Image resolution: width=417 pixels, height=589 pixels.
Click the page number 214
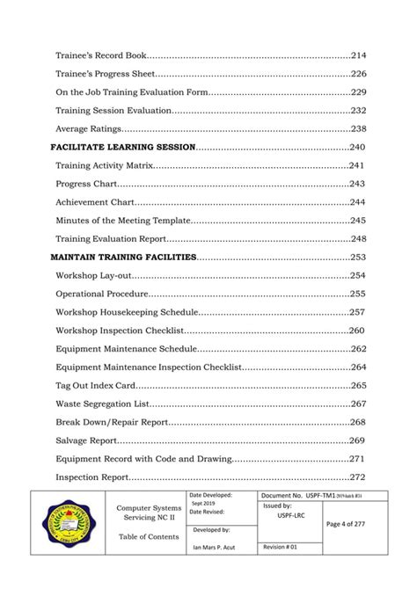pos(358,55)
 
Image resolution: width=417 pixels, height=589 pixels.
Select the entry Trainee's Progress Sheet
pos(106,74)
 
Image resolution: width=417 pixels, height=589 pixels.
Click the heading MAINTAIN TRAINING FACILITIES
pos(125,257)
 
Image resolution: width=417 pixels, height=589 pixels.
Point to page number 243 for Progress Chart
pos(358,184)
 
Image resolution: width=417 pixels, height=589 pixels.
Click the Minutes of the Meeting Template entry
pos(122,221)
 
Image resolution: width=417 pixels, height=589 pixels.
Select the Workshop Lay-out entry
pos(94,276)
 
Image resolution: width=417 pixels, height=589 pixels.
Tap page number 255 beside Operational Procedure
pos(358,294)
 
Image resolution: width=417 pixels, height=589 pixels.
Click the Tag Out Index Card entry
pos(96,386)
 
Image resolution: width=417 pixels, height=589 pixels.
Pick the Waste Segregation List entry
pos(102,404)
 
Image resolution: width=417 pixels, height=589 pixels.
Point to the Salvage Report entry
pos(86,440)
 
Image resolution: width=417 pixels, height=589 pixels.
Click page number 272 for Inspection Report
pos(358,477)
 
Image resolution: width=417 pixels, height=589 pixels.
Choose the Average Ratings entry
pos(89,128)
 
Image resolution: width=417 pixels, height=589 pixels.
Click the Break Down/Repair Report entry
pos(112,422)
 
